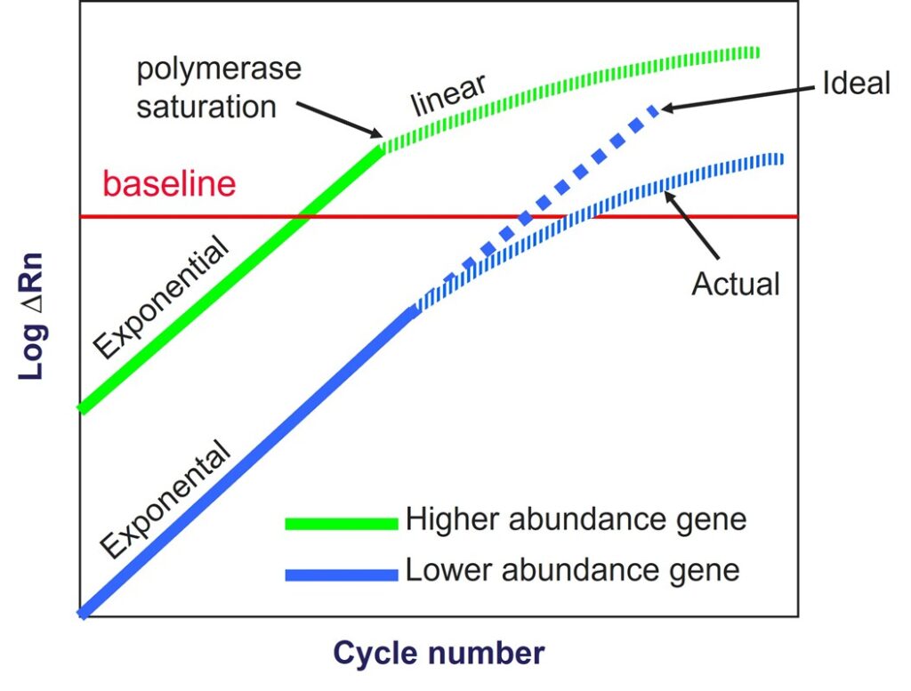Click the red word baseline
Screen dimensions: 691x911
[x=169, y=184]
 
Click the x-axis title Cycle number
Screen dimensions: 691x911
[x=438, y=654]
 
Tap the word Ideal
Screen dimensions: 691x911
[x=856, y=84]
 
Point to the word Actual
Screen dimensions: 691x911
[x=736, y=285]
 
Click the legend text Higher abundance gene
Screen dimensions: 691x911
[x=576, y=518]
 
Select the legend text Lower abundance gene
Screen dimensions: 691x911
[x=572, y=569]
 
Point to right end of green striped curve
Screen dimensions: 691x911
[x=756, y=52]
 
